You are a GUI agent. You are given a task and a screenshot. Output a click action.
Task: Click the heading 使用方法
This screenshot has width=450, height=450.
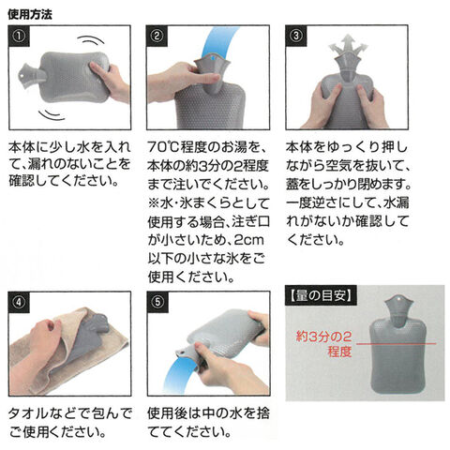[30, 14]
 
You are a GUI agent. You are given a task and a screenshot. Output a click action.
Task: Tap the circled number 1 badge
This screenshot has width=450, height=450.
[19, 37]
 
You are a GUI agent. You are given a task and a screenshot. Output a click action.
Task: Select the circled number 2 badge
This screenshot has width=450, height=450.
[157, 37]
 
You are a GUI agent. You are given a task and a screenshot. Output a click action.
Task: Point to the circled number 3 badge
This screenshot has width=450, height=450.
[296, 37]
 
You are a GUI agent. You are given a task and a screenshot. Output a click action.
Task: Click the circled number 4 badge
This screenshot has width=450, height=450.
[19, 302]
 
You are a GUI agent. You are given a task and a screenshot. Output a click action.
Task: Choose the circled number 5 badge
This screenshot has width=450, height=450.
[157, 302]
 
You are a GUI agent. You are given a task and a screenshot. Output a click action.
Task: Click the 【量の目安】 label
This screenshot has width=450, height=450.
[321, 295]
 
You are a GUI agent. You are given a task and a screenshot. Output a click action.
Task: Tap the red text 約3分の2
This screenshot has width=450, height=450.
[323, 337]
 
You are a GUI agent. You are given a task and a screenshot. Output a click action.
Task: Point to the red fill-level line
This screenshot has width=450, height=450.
[397, 344]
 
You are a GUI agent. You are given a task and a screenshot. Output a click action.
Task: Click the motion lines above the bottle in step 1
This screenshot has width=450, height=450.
[91, 40]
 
